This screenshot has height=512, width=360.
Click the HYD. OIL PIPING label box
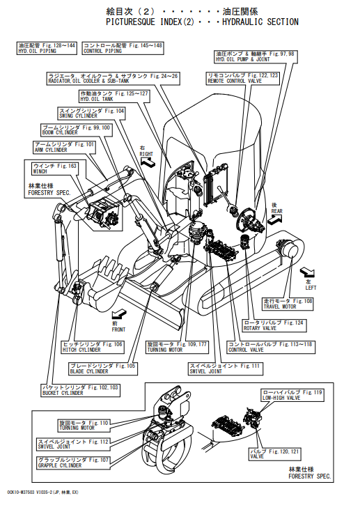[x=47, y=48]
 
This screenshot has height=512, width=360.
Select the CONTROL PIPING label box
[x=123, y=48]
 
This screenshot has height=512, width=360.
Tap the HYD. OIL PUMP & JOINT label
[x=256, y=57]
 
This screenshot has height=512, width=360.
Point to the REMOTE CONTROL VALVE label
[x=243, y=78]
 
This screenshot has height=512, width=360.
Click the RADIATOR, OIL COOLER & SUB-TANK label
[x=114, y=79]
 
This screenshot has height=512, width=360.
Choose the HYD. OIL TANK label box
[x=114, y=96]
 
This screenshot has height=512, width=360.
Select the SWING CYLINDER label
[x=92, y=114]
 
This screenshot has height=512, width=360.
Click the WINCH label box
[x=55, y=169]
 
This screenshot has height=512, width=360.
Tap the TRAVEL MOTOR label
[x=288, y=304]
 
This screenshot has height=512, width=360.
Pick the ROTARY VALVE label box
[x=274, y=325]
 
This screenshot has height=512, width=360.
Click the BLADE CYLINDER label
[x=103, y=369]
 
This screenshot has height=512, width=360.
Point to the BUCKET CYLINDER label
[x=80, y=390]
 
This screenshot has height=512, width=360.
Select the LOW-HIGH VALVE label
[x=292, y=395]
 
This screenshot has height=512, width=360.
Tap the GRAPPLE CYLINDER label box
[x=73, y=463]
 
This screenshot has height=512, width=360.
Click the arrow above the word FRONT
[x=119, y=315]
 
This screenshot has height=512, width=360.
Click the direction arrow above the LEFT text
[x=308, y=272]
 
